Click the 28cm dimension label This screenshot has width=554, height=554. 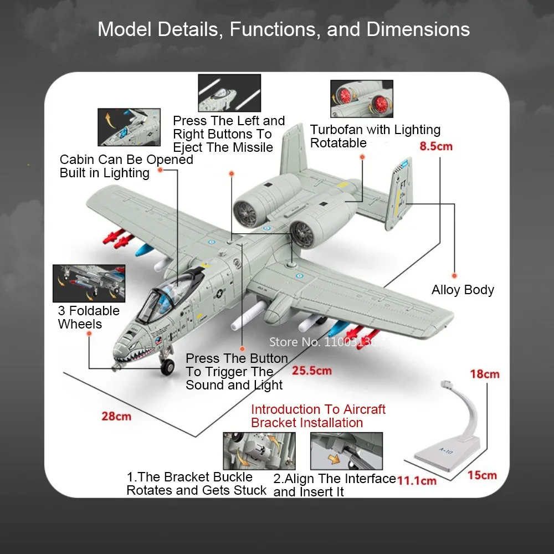[x=116, y=416]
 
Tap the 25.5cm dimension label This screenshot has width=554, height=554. [x=312, y=371]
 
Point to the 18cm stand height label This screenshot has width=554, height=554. [x=484, y=374]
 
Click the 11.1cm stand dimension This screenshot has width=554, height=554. [x=417, y=480]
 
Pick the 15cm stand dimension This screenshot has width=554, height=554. [x=481, y=475]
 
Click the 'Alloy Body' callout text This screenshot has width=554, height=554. [x=463, y=290]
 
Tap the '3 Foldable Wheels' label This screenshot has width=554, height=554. [x=89, y=317]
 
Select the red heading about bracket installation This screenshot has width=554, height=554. [x=318, y=416]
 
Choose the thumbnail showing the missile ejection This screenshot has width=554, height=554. [x=229, y=93]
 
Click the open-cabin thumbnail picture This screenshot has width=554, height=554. [x=129, y=127]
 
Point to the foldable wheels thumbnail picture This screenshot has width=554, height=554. [x=89, y=283]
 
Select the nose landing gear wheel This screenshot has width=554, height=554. [x=167, y=367]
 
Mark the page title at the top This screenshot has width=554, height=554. [x=284, y=29]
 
